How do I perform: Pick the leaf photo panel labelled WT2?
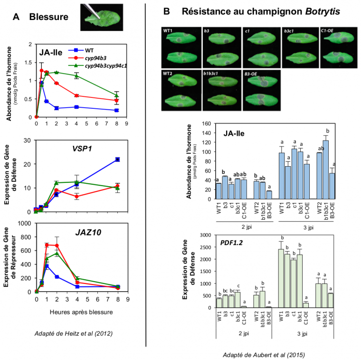coord(180,90)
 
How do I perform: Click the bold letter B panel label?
coord(167,11)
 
